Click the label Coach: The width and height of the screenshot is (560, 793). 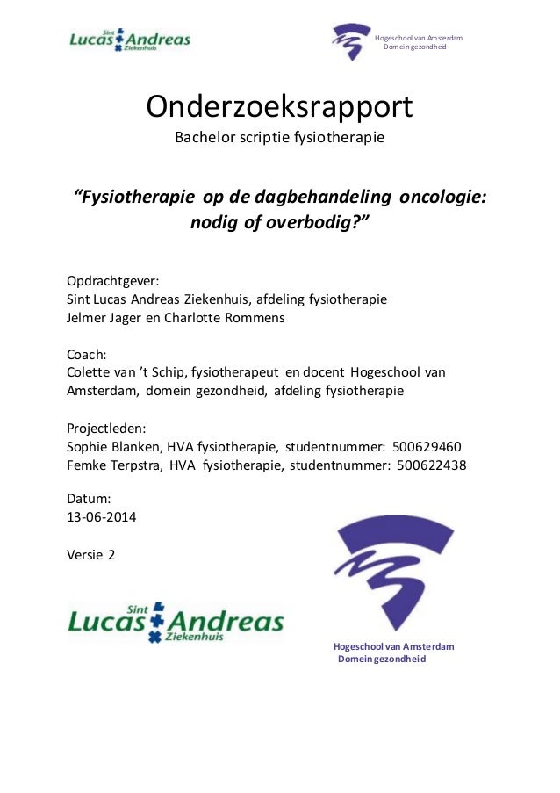(x=87, y=355)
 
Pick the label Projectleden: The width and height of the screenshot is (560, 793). (x=107, y=429)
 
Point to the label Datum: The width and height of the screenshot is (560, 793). (x=90, y=498)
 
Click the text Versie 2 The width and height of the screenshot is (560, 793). (x=90, y=554)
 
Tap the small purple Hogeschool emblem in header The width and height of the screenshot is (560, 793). (x=351, y=41)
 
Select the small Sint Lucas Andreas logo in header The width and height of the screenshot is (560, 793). (x=130, y=40)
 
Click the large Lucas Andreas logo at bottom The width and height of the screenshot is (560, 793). (x=176, y=622)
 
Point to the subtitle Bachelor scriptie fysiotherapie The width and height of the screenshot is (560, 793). (x=279, y=138)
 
